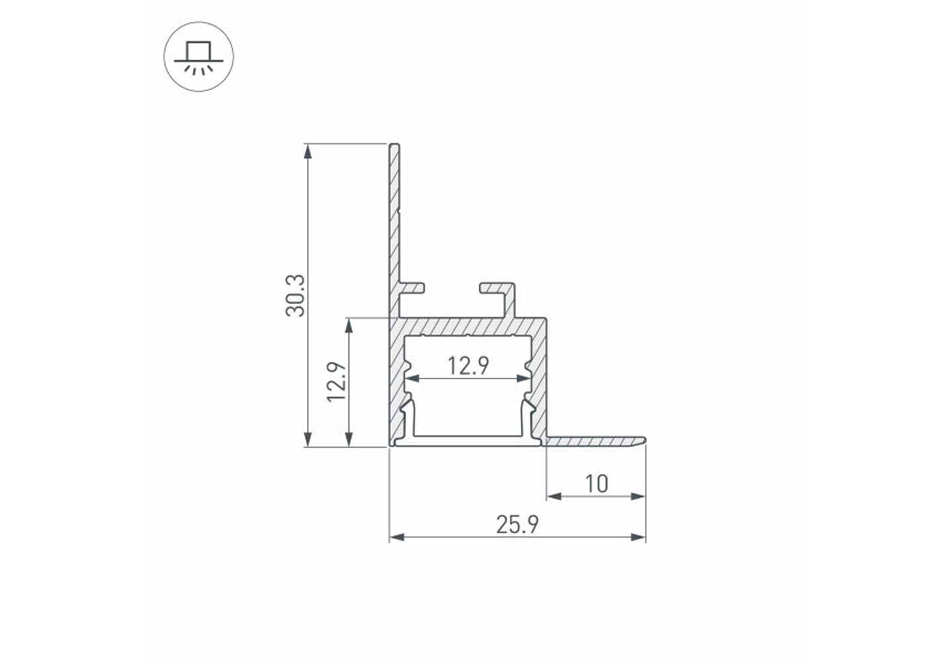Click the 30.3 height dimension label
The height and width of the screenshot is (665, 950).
(x=295, y=296)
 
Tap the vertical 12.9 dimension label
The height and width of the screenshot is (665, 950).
(x=337, y=382)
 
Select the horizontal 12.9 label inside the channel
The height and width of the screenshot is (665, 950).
(x=468, y=366)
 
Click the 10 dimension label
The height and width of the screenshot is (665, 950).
(x=596, y=483)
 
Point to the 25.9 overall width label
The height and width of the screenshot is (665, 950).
(x=517, y=525)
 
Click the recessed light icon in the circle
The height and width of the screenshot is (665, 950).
(x=199, y=57)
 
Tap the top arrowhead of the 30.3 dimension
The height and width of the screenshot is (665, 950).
(x=308, y=152)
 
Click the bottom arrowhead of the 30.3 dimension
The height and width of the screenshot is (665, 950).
(x=308, y=440)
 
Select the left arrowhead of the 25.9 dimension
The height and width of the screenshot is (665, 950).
(x=397, y=537)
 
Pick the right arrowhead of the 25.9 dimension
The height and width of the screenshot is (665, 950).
(x=638, y=537)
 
